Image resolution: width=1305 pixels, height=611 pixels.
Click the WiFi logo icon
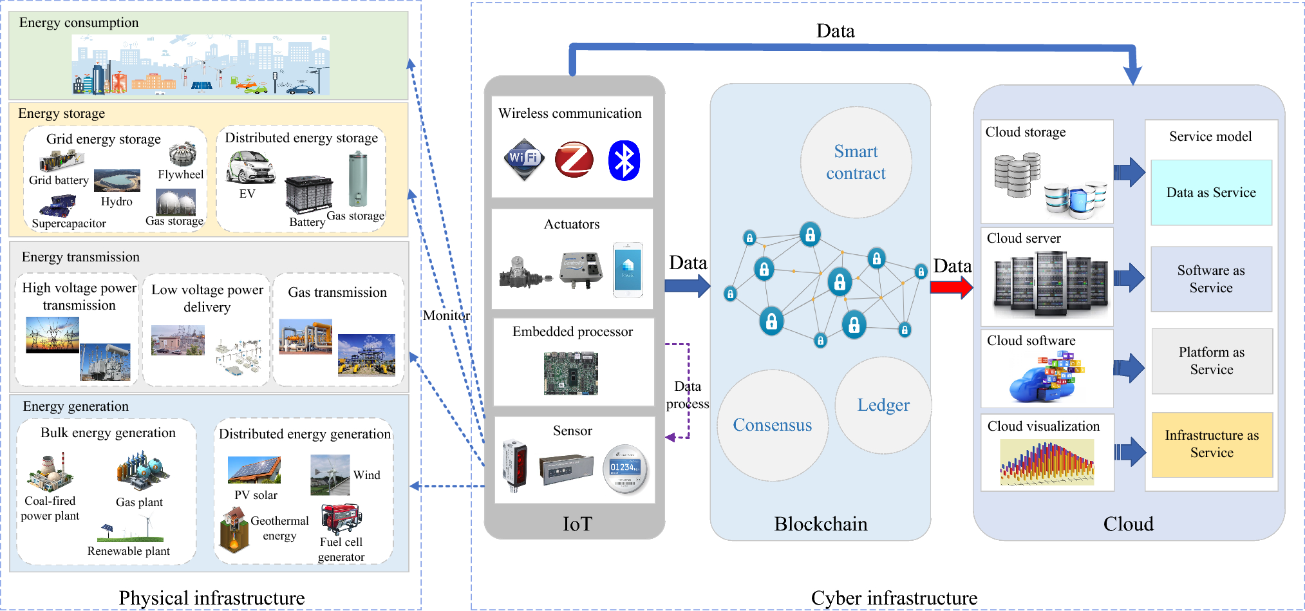pos(524,158)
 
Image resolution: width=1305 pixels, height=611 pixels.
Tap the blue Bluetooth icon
pos(624,160)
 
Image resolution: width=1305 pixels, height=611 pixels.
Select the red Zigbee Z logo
pos(574,159)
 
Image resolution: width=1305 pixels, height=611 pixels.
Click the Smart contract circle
pos(856,162)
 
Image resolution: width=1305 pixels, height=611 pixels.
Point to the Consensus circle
pos(772,425)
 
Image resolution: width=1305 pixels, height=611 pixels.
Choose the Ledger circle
pos(883,405)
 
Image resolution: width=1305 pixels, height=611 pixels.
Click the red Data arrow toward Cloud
pos(951,287)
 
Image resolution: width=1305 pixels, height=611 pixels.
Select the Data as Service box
pos(1210,193)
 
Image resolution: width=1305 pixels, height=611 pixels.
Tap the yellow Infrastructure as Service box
pos(1211,444)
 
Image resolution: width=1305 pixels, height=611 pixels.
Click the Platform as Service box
pos(1211,361)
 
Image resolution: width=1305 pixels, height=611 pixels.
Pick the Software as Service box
pos(1210,279)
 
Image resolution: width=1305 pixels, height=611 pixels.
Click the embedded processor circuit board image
pos(570,373)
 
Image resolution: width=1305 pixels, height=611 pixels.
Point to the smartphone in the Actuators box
pos(628,269)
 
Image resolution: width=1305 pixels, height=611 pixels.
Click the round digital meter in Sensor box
pos(624,469)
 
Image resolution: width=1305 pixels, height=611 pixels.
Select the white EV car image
pos(250,167)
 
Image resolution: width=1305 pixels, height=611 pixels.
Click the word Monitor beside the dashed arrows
pos(446,315)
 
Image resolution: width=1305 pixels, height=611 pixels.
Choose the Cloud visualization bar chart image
pos(1047,462)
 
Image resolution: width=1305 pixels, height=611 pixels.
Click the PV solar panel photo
pos(254,470)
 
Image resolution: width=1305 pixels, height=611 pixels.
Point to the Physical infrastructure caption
pos(211,597)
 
